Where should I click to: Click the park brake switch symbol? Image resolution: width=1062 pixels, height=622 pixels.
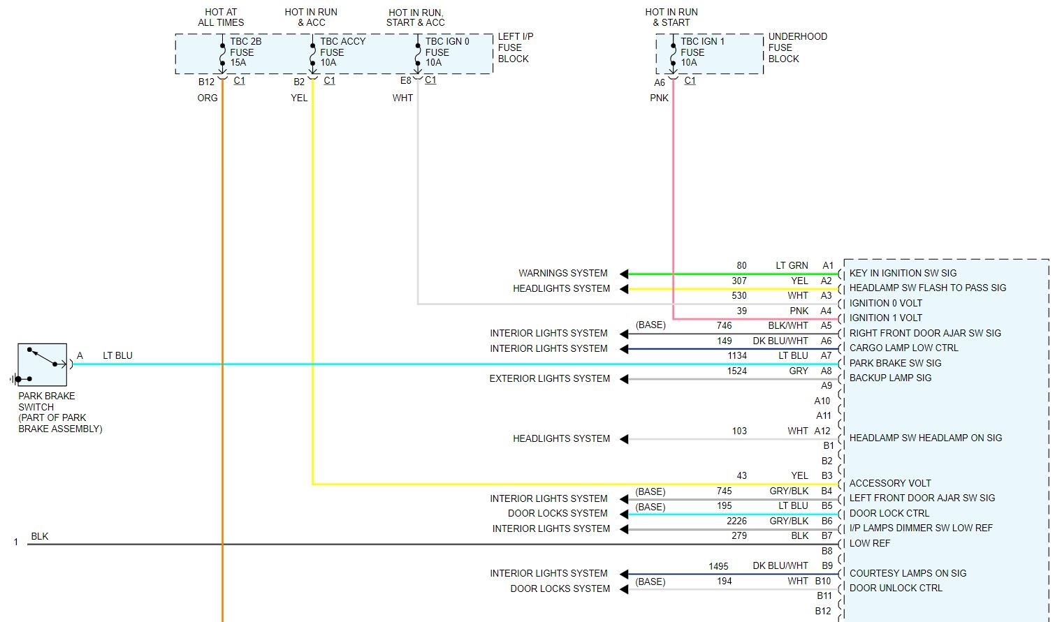coord(42,364)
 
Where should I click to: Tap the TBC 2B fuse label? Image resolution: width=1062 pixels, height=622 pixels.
coord(245,52)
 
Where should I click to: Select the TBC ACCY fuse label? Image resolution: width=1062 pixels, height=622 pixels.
coord(342,52)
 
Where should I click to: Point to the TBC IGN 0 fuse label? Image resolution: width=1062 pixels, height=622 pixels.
coord(447,52)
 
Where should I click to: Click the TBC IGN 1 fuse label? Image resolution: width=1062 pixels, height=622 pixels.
coord(702,52)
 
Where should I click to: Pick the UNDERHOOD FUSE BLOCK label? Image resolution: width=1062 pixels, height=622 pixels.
coord(797,47)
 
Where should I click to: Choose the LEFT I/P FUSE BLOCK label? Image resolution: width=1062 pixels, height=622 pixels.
coord(515,47)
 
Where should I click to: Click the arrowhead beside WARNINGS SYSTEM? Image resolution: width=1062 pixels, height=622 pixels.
coord(624,274)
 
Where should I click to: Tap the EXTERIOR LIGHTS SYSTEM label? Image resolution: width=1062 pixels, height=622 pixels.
coord(549,378)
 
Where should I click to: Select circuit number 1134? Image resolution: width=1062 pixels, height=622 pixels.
coord(736,355)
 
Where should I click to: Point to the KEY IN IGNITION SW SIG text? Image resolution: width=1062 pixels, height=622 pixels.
coord(903,273)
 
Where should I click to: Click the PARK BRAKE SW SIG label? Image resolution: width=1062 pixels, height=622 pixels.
coord(895,363)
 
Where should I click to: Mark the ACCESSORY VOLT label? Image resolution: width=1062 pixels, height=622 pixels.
coord(890,483)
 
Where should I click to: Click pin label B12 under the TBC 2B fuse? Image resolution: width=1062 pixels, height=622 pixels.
coord(206,82)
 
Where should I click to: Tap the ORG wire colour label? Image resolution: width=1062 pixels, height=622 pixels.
coord(208,98)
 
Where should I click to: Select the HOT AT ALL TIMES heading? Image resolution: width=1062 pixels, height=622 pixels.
coord(221,17)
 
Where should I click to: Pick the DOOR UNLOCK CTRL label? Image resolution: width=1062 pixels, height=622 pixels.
coord(896,588)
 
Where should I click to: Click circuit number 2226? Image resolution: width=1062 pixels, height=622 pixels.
coord(736,521)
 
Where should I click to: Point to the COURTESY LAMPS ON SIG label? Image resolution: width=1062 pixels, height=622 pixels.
coord(908,573)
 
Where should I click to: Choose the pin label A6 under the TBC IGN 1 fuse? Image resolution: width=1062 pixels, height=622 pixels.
coord(660,82)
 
